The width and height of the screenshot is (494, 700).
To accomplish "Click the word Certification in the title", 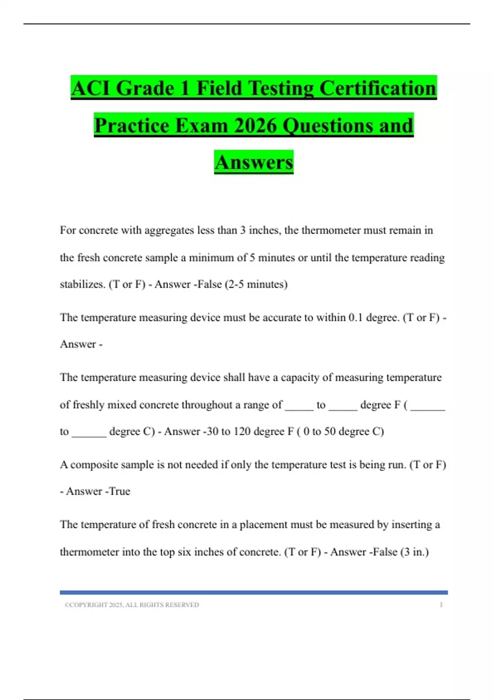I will (377, 89).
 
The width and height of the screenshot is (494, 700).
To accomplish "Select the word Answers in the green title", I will (254, 162).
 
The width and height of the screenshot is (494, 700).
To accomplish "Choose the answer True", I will (120, 491).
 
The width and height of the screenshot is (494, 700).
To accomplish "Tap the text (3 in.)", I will (414, 552).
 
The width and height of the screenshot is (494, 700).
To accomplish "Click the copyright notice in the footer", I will (132, 605).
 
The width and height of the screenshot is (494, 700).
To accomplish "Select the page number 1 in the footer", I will (441, 605).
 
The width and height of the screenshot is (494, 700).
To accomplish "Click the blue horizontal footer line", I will (254, 593).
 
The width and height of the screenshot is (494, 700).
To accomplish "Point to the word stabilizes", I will (82, 284).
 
